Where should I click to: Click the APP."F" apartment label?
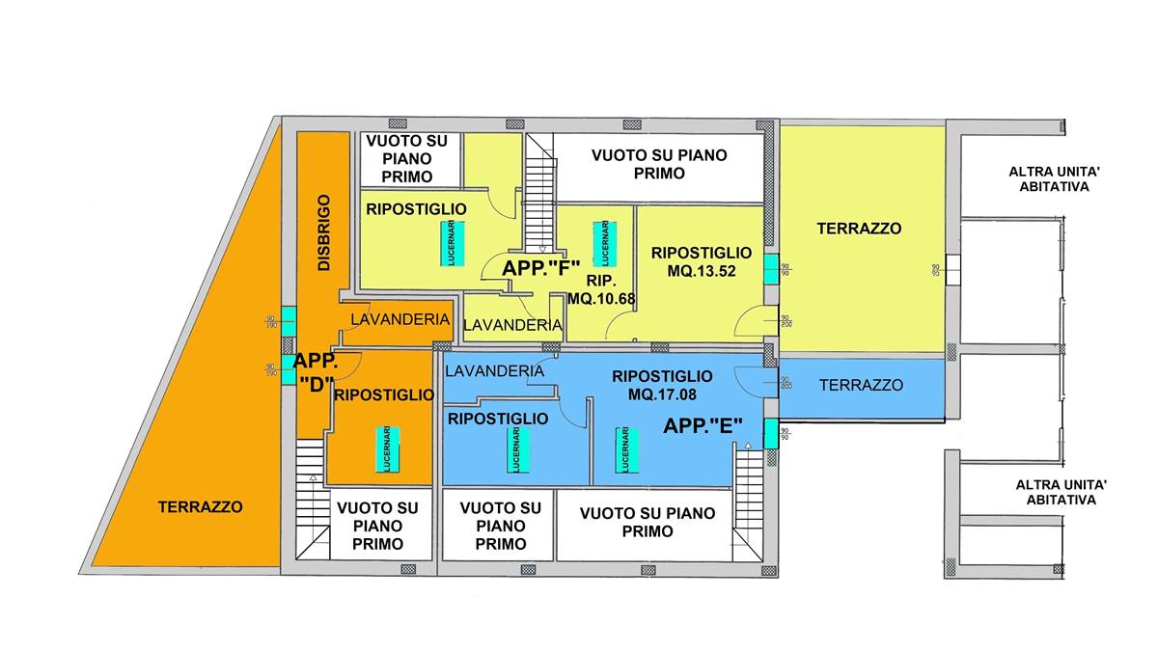pos(539,267)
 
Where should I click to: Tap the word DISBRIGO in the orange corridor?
pos(324,232)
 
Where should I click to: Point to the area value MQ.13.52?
pos(702,271)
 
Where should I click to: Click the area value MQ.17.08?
pos(662,393)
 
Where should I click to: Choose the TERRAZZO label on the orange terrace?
pos(201,505)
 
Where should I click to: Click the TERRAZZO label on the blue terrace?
pos(861,385)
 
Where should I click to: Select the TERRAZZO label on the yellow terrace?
pos(859,229)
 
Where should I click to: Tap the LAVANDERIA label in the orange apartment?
pos(398,318)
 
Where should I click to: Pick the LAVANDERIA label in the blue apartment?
pos(495,370)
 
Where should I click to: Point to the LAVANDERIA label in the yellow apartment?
pos(512,326)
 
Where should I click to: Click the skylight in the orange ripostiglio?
pos(385,448)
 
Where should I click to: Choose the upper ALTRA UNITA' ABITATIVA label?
pos(1048,179)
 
